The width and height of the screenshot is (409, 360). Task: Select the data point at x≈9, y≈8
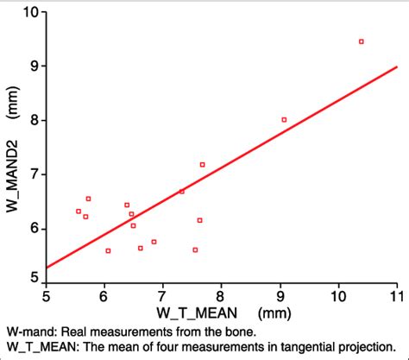(x=284, y=120)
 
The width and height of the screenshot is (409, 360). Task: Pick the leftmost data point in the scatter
(x=79, y=211)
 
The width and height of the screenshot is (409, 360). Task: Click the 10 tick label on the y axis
(x=30, y=12)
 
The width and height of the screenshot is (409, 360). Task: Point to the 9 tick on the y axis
(x=34, y=66)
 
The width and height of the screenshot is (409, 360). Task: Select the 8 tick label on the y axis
(x=34, y=120)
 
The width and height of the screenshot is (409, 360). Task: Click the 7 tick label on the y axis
(x=34, y=174)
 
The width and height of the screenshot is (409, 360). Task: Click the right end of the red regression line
(x=396, y=66)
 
